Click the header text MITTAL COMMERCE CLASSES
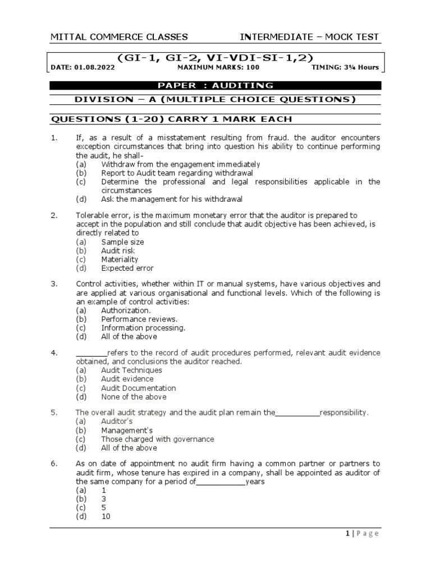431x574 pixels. tap(119, 38)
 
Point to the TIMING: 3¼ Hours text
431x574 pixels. tap(345, 68)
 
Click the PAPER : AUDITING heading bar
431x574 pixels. tap(215, 86)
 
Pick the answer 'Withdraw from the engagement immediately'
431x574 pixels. tap(180, 164)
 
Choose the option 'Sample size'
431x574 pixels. tap(122, 242)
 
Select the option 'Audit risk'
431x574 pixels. tap(118, 251)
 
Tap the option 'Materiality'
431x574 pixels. tap(120, 260)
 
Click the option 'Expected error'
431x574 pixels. tap(127, 269)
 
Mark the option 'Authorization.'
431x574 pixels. tap(126, 311)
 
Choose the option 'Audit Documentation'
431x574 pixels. tap(138, 388)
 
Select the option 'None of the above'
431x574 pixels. tap(134, 397)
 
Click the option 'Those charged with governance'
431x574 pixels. tap(157, 439)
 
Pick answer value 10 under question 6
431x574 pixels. tap(106, 517)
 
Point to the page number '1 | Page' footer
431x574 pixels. tap(363, 534)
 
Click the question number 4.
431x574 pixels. tap(54, 353)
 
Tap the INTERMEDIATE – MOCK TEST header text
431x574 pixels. tap(309, 38)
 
